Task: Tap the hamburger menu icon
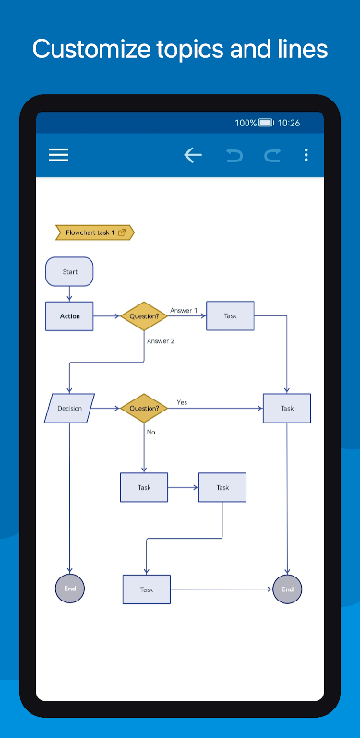[x=58, y=155]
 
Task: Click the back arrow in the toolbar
[x=193, y=155]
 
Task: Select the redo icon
[x=272, y=155]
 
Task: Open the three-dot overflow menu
[x=306, y=155]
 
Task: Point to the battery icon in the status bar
[x=266, y=123]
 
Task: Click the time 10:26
[x=288, y=123]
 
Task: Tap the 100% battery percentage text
[x=246, y=123]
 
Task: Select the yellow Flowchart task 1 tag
[x=95, y=232]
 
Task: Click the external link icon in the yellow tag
[x=122, y=232]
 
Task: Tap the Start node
[x=69, y=271]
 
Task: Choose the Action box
[x=69, y=316]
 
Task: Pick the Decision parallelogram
[x=69, y=408]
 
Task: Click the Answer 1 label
[x=184, y=311]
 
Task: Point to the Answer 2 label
[x=161, y=340]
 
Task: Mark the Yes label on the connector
[x=182, y=402]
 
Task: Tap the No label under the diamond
[x=150, y=432]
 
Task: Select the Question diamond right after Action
[x=144, y=315]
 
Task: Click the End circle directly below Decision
[x=70, y=589]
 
